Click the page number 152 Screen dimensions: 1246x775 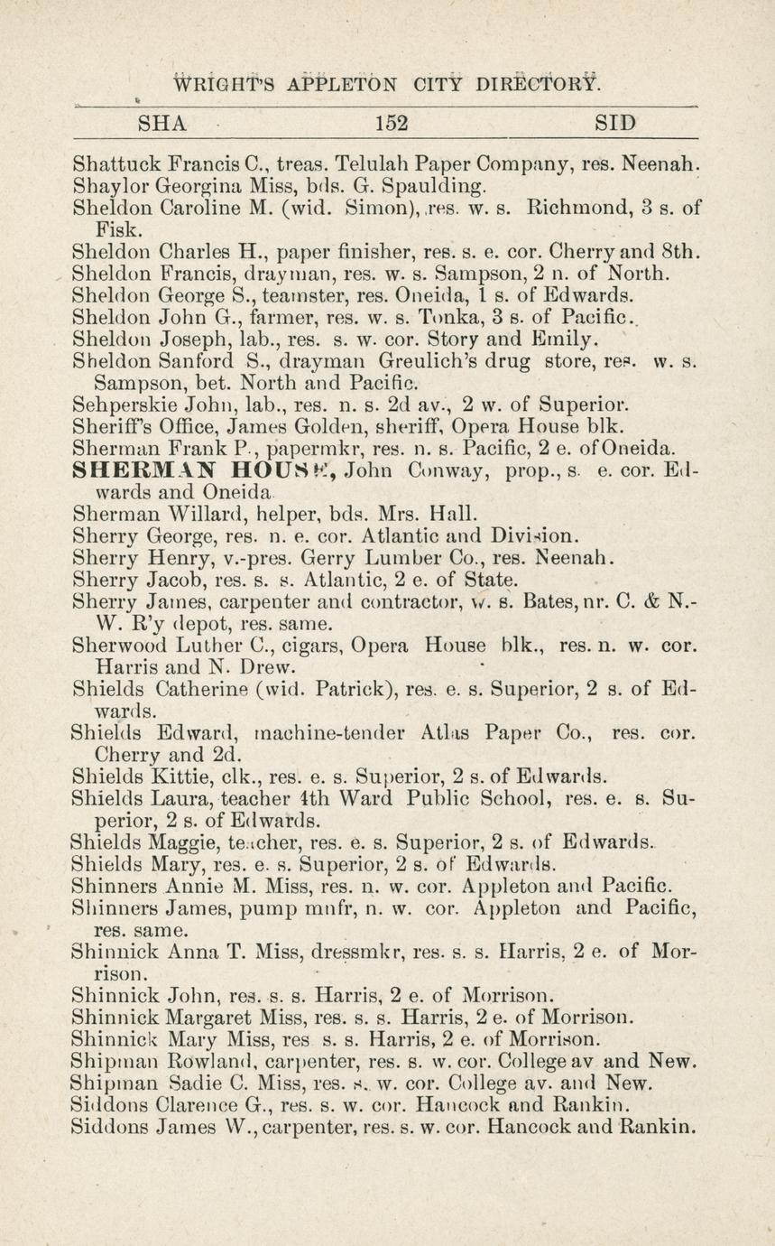[390, 123]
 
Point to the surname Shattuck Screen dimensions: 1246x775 [116, 165]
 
